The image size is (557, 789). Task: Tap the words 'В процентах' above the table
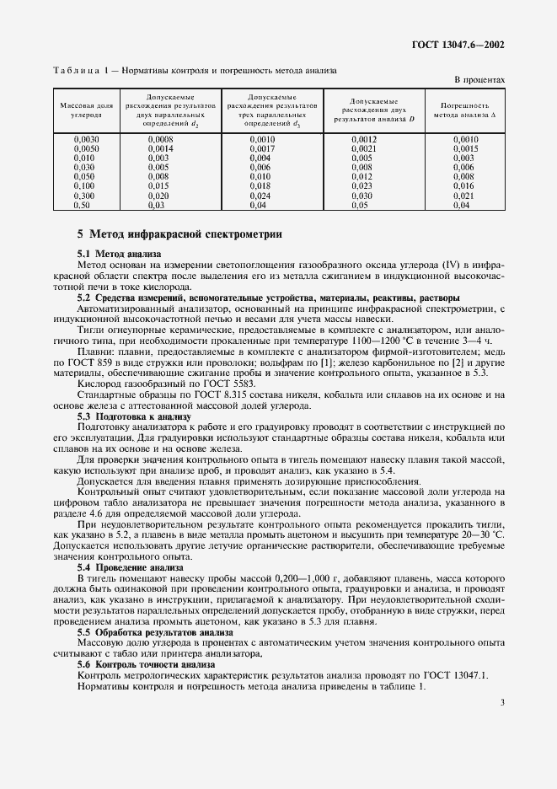pos(479,80)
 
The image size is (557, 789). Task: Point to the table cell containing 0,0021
pos(363,148)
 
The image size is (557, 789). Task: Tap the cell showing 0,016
pos(463,185)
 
